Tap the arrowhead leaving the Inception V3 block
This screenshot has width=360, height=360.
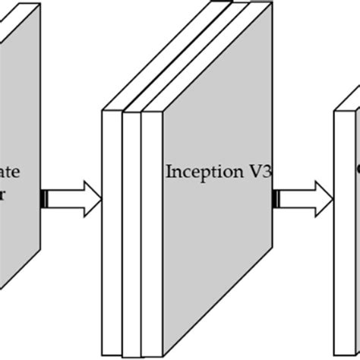[x=325, y=200]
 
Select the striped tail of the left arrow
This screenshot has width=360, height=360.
[x=45, y=200]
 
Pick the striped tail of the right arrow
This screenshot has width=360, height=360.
[x=277, y=200]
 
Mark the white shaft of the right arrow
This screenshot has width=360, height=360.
[x=298, y=200]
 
